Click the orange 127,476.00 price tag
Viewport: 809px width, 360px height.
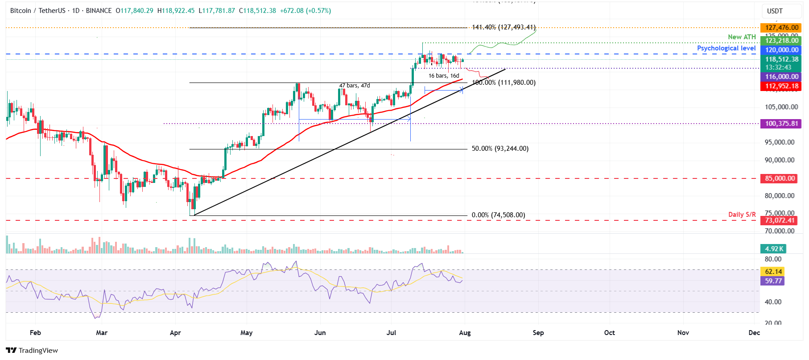[x=781, y=28]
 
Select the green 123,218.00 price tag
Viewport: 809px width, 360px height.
[x=781, y=41]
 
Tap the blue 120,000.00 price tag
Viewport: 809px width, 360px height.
[x=781, y=50]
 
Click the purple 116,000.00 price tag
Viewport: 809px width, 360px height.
[x=781, y=77]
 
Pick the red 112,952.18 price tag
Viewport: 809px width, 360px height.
[x=781, y=86]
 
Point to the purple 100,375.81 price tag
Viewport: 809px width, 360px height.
[x=781, y=124]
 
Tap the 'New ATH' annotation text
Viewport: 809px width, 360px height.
[x=742, y=37]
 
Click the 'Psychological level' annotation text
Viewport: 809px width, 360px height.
[x=726, y=48]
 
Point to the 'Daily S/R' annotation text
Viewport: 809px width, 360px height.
[x=742, y=215]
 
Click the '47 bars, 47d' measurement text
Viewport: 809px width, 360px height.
[x=354, y=86]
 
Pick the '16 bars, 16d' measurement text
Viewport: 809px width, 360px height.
[x=443, y=76]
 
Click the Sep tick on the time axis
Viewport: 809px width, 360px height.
[x=538, y=333]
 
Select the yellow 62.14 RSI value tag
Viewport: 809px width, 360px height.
[x=773, y=272]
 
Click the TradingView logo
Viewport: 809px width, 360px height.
[x=32, y=351]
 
